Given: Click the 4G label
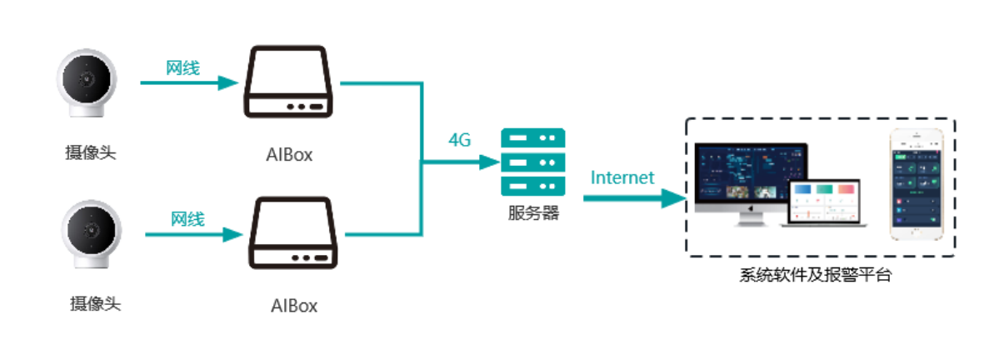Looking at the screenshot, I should click(x=460, y=140).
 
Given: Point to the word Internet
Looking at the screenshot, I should click(x=622, y=177).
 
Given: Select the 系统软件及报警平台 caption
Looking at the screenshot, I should click(x=815, y=275).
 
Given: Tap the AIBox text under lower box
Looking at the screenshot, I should click(x=294, y=305).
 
